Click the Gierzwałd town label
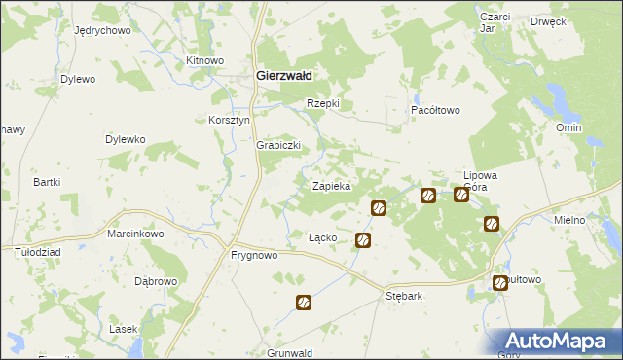coord(283,75)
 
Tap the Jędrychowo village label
coord(102,30)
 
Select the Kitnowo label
coord(204,60)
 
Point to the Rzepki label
coord(322,103)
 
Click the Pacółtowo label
coord(434,111)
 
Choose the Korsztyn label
coord(230,120)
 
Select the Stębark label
coord(404,296)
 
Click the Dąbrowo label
coord(156,281)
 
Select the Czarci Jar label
coord(495,22)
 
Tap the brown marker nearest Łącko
coord(363,239)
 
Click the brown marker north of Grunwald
coord(304,303)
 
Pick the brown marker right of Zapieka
coord(379,207)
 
